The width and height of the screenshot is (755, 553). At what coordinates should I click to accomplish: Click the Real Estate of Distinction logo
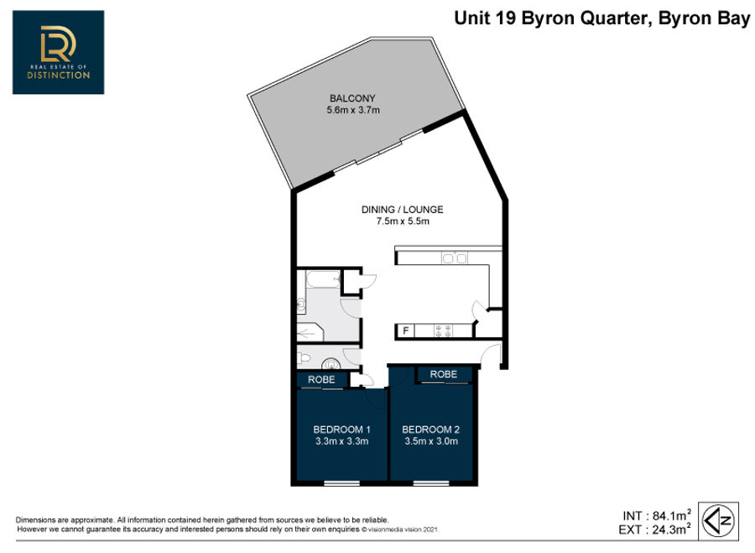(x=58, y=52)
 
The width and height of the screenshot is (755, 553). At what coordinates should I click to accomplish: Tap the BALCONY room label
(x=352, y=98)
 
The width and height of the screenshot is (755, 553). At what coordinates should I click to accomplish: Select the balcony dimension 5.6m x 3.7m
(x=353, y=110)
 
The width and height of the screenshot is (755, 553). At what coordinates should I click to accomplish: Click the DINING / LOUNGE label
(x=402, y=210)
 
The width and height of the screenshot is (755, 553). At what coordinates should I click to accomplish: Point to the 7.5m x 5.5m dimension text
(x=403, y=222)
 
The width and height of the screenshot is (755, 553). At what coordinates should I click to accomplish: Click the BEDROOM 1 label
(x=341, y=429)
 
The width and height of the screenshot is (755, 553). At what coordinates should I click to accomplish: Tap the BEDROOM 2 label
(x=430, y=429)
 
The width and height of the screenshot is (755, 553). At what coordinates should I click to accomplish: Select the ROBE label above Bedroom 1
(x=321, y=379)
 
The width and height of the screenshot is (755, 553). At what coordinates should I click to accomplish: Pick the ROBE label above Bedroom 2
(x=444, y=374)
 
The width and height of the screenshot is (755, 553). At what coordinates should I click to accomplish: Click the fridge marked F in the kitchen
(x=405, y=331)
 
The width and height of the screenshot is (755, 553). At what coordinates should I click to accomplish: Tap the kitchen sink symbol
(x=455, y=258)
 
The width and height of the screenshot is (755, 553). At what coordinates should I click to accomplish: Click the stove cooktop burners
(x=443, y=331)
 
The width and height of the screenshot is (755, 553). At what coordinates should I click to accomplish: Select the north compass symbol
(x=718, y=520)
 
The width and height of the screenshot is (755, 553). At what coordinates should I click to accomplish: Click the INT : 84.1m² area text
(x=657, y=515)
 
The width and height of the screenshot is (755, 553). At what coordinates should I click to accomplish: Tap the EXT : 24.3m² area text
(x=654, y=530)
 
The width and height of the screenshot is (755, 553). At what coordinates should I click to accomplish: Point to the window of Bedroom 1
(x=342, y=483)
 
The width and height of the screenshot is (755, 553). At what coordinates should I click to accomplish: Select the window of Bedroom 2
(x=431, y=483)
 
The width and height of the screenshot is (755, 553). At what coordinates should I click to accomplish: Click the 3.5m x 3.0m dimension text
(x=431, y=441)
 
